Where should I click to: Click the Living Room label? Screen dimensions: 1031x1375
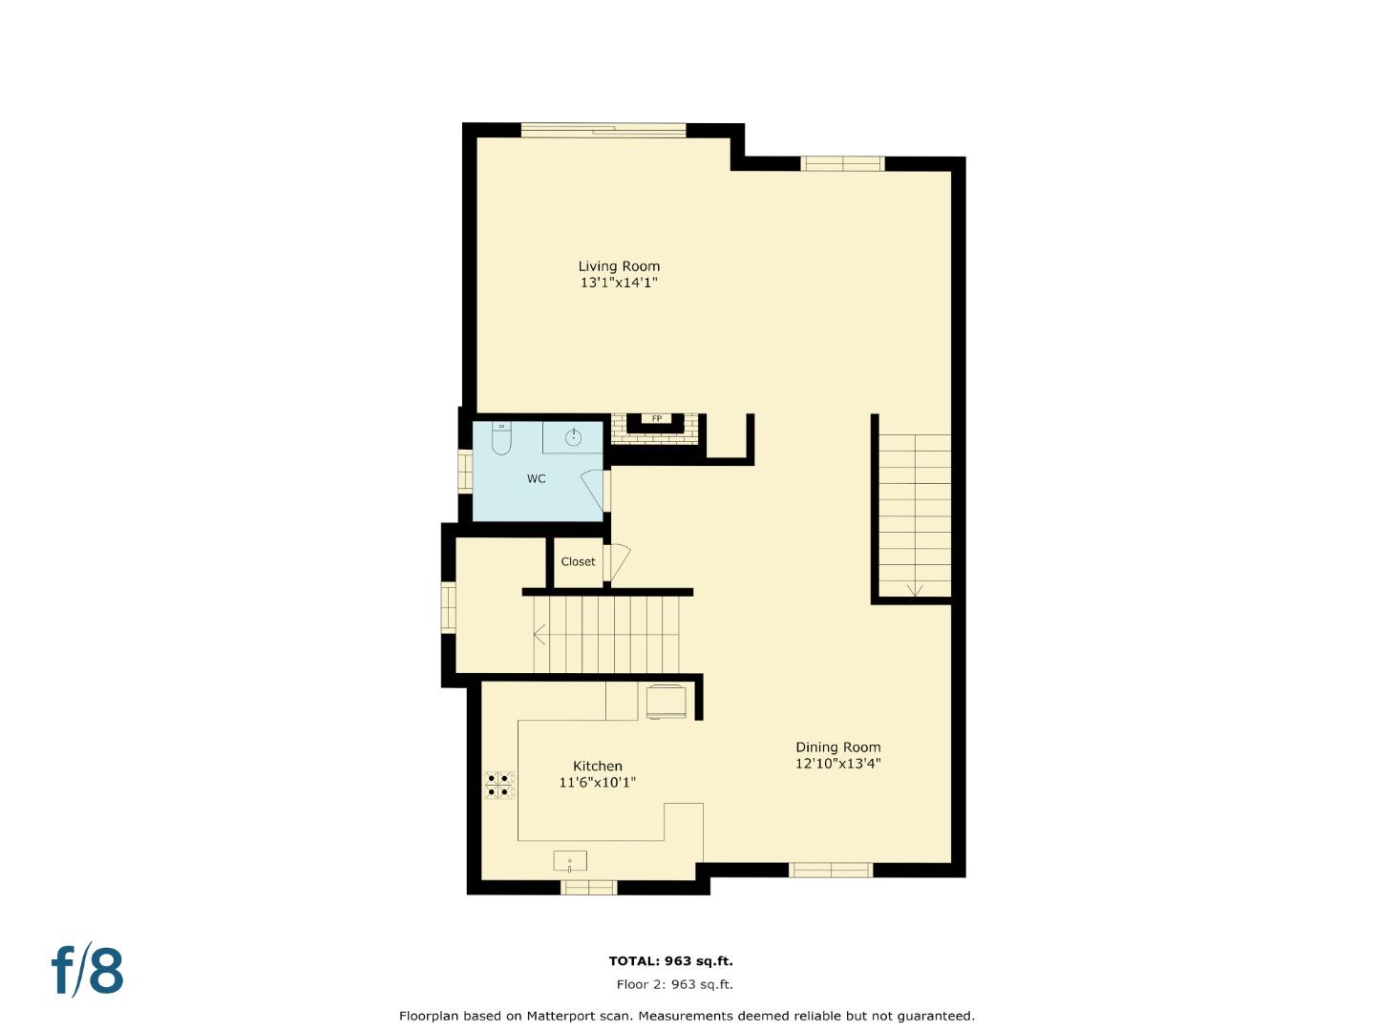(x=619, y=266)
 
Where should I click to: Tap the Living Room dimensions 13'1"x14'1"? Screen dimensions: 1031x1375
(x=619, y=284)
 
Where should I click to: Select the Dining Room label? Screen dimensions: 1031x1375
(x=838, y=747)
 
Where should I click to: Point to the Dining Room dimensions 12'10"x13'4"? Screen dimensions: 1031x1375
(x=838, y=764)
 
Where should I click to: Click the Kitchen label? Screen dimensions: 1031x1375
(x=598, y=766)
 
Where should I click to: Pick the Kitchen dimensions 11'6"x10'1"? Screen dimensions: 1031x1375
(x=598, y=783)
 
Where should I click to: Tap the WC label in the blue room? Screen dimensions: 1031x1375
(x=537, y=478)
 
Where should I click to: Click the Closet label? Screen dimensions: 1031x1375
(x=578, y=561)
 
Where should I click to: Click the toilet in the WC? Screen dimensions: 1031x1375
(x=501, y=438)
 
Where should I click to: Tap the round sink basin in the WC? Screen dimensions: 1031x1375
(x=573, y=438)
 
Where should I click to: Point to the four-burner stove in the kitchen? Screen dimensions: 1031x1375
(x=498, y=785)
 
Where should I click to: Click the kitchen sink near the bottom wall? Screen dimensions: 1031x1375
(x=570, y=862)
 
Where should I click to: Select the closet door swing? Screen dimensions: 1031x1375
(x=617, y=562)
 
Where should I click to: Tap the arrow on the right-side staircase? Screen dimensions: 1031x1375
(x=915, y=590)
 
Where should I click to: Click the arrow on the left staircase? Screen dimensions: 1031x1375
(x=539, y=634)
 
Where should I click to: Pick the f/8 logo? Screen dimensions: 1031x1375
(x=87, y=971)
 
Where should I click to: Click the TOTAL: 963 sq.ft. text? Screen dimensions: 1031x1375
(x=670, y=961)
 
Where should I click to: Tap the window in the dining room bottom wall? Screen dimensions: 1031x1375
(x=830, y=870)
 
